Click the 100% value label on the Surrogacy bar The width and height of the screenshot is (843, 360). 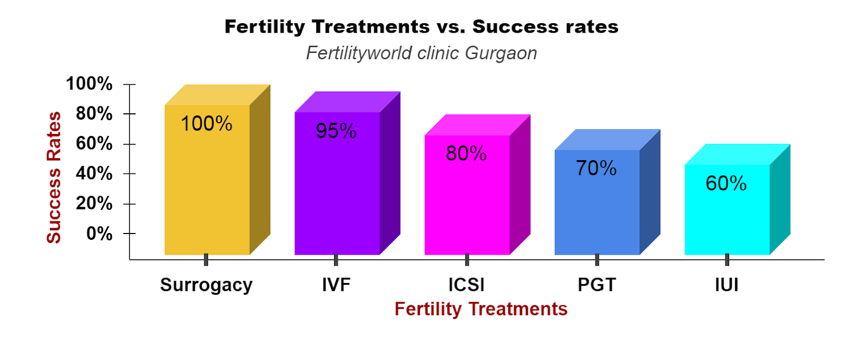(207, 124)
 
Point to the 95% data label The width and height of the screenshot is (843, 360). (336, 131)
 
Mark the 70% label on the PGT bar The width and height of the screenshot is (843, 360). (596, 168)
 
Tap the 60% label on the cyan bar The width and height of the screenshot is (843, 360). (726, 183)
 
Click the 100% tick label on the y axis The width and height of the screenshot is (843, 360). (89, 83)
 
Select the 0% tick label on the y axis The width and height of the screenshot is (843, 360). (99, 233)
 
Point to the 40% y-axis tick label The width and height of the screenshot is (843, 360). (94, 173)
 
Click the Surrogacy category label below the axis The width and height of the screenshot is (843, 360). (206, 285)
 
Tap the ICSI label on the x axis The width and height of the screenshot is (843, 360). (466, 285)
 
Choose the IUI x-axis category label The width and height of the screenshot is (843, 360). (727, 285)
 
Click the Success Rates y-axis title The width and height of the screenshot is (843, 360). (54, 178)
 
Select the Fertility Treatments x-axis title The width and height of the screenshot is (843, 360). (481, 309)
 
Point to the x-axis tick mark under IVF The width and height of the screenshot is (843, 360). (336, 260)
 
